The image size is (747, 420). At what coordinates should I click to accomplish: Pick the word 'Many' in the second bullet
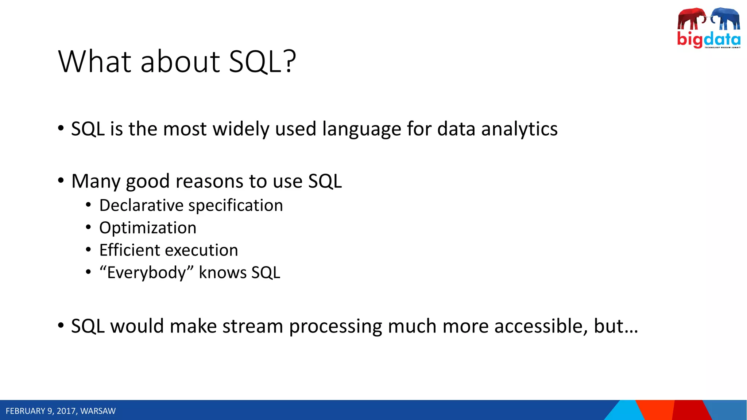click(x=96, y=182)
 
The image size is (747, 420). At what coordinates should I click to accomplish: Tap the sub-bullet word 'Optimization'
click(x=148, y=228)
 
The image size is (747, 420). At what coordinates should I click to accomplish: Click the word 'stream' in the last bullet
click(x=253, y=326)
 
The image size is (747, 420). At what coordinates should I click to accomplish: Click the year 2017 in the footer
click(x=66, y=411)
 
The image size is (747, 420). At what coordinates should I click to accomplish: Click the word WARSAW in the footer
click(x=98, y=411)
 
